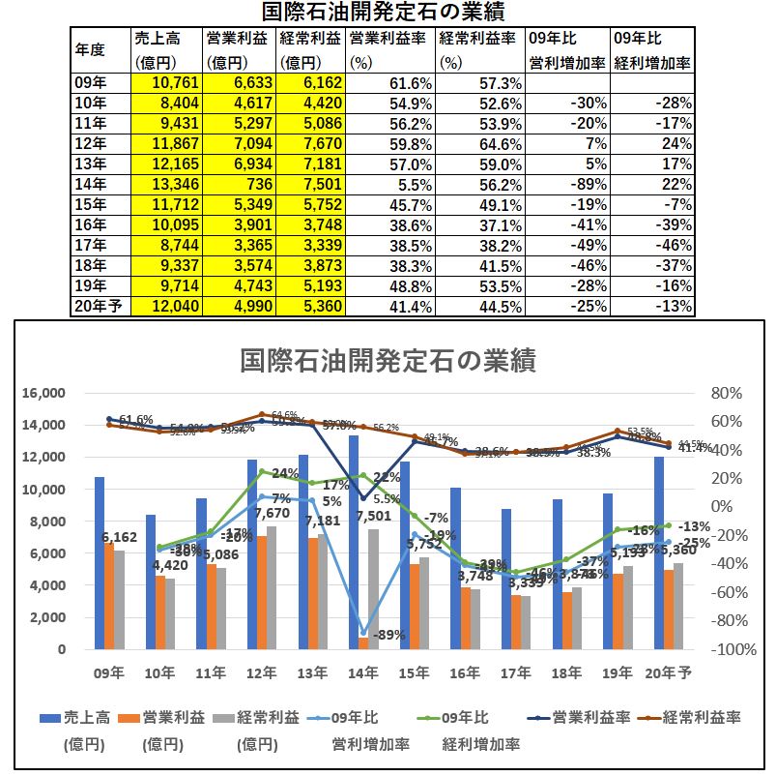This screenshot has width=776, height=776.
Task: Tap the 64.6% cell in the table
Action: tap(479, 143)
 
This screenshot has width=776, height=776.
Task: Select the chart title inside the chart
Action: tap(388, 360)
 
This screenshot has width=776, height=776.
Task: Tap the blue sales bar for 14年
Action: tap(354, 542)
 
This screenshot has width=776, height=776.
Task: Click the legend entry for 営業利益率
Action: tap(590, 717)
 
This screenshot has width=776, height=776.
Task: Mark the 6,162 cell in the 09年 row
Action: tap(311, 82)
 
